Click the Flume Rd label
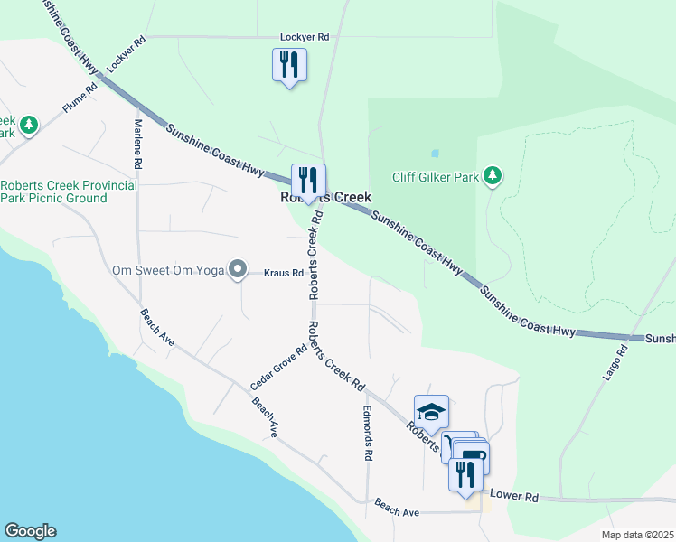[80, 99]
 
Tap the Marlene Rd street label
[138, 145]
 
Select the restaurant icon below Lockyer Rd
[289, 65]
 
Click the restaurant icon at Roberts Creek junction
[308, 181]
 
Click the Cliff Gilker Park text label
[436, 177]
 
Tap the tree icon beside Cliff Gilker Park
[493, 176]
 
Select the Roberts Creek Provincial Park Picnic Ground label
[69, 192]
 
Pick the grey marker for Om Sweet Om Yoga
[238, 269]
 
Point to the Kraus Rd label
[283, 272]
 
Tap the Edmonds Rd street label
[368, 434]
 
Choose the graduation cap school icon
[431, 412]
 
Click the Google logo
[30, 531]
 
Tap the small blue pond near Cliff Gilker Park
[435, 153]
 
